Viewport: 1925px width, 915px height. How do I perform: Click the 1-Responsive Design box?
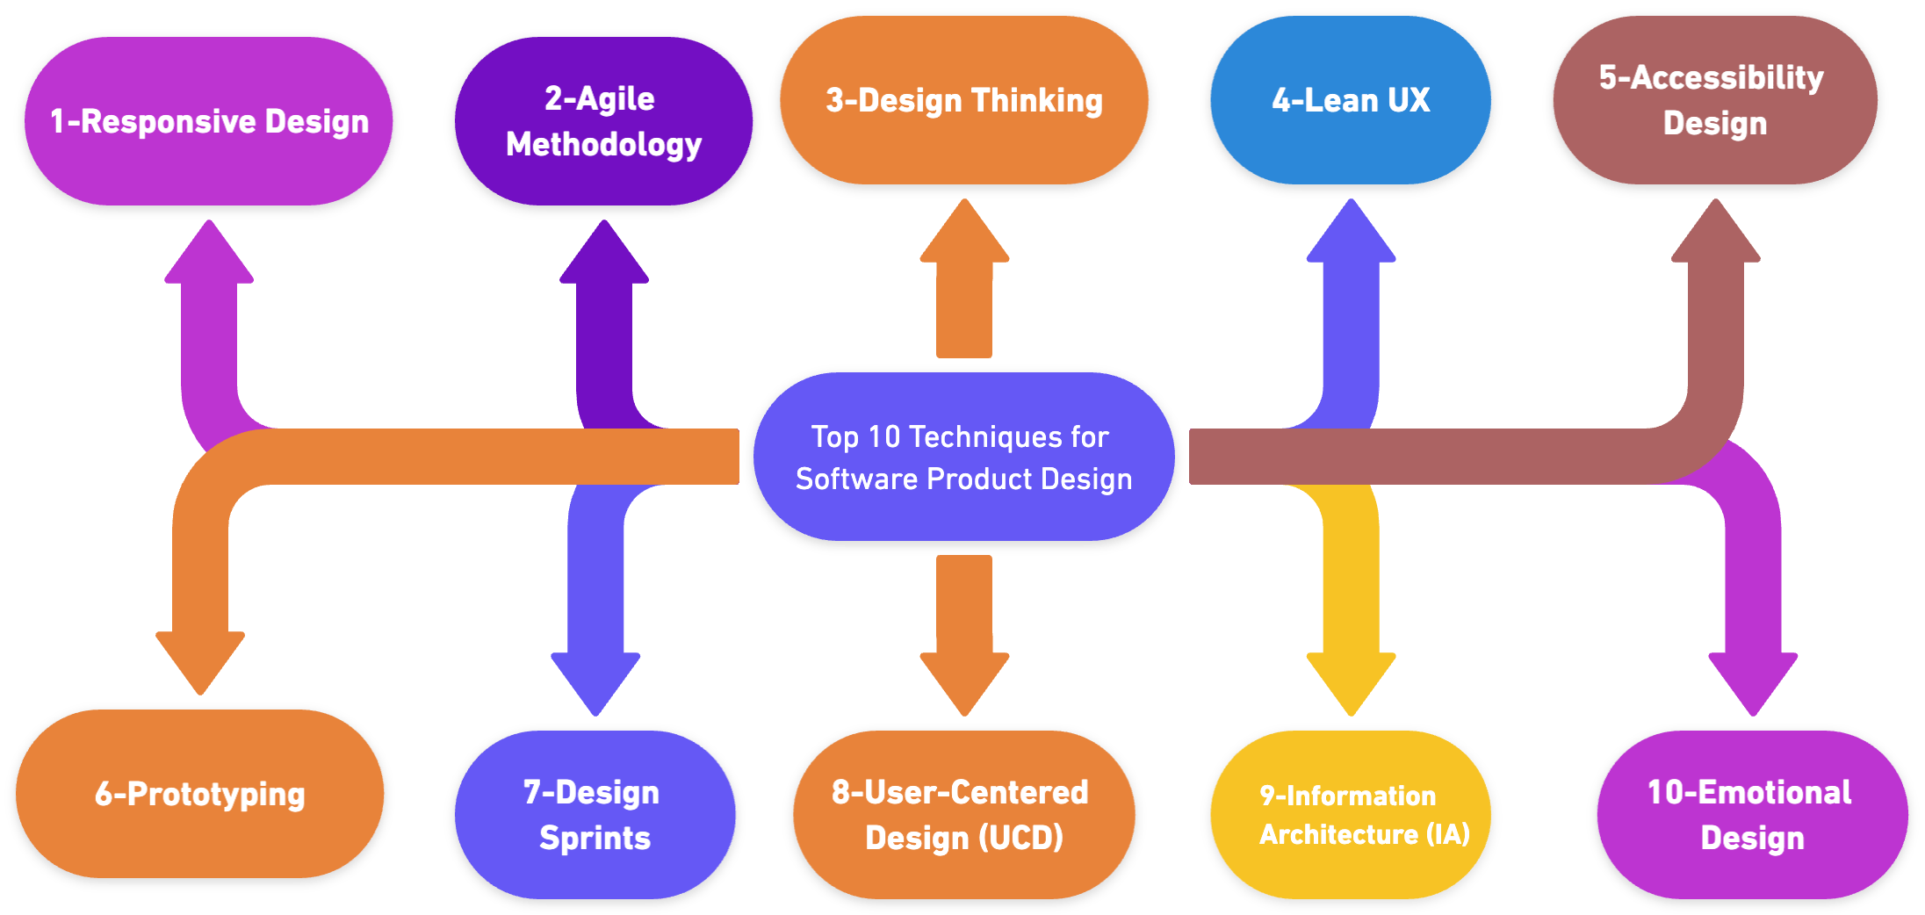click(208, 122)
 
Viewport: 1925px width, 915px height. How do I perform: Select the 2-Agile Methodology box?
click(603, 122)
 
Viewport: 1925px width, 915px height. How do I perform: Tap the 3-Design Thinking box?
click(964, 101)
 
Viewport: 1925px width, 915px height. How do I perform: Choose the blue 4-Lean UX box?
click(1351, 101)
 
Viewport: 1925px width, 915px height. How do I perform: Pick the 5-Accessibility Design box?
click(1714, 101)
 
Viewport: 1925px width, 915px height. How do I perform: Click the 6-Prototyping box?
click(200, 794)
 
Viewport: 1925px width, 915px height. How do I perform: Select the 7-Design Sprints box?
click(595, 815)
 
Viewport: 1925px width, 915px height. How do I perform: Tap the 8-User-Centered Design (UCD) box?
click(963, 815)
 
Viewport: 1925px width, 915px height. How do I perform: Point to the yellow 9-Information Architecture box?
click(1351, 815)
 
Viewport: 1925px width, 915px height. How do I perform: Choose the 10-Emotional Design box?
click(1752, 815)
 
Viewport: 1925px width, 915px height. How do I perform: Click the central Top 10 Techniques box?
click(963, 457)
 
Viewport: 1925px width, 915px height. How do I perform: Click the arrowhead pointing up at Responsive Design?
click(209, 254)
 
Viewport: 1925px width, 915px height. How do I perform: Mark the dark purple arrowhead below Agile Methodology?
click(604, 254)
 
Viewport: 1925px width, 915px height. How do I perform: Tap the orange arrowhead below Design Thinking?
click(964, 233)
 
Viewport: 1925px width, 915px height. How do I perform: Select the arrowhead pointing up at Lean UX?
click(1351, 233)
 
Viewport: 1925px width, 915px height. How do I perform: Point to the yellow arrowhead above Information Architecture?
click(1351, 681)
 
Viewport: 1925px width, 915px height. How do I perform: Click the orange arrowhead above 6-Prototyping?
click(200, 660)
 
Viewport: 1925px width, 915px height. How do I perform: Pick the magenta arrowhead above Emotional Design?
click(1753, 681)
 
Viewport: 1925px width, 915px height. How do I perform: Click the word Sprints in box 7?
click(595, 839)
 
